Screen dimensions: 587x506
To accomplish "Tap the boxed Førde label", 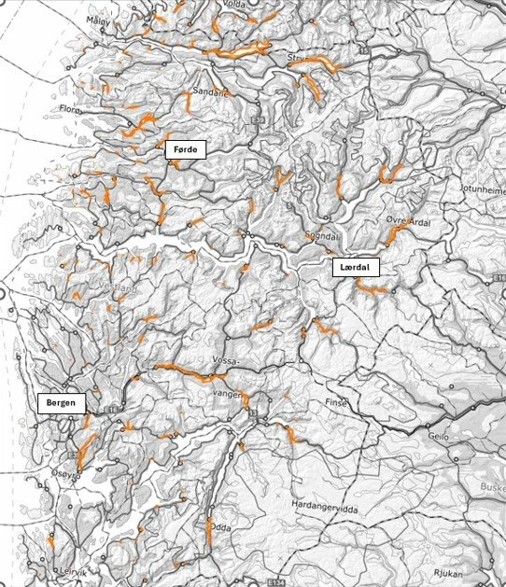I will tap(184, 149).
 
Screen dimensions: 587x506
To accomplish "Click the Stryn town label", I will tap(297, 59).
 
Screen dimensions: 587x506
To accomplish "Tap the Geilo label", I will tap(438, 436).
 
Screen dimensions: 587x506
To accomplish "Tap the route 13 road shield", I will tap(252, 412).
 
